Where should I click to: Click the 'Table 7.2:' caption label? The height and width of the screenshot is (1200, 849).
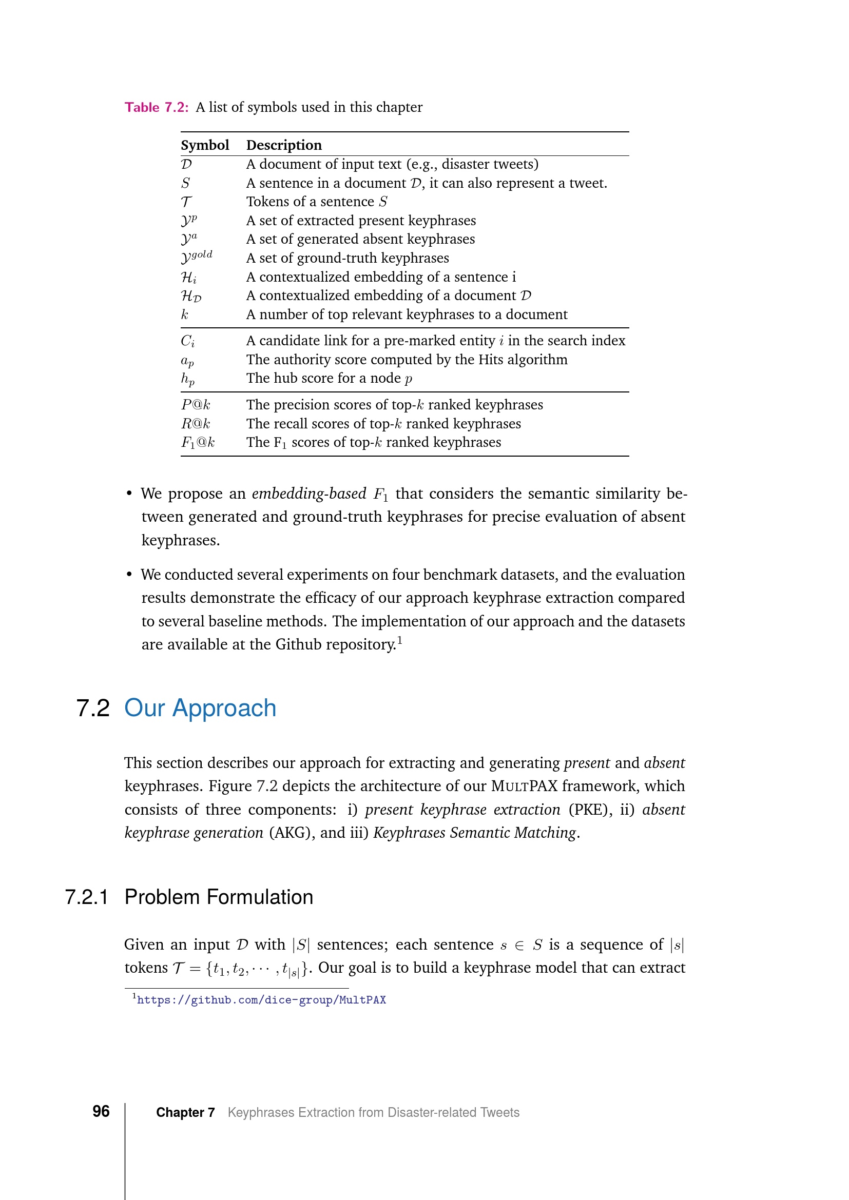tap(156, 107)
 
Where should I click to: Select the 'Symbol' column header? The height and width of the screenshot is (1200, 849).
tap(204, 145)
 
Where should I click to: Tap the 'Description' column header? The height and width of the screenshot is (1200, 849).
tap(284, 145)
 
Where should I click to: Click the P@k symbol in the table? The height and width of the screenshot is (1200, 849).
tap(196, 404)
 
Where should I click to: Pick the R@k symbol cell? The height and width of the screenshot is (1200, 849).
tap(196, 423)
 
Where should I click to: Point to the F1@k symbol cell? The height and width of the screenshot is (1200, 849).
tap(198, 442)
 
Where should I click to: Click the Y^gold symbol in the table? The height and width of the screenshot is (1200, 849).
tap(197, 257)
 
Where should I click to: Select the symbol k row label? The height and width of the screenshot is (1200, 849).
tap(185, 314)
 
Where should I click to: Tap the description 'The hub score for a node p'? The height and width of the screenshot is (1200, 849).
tap(329, 378)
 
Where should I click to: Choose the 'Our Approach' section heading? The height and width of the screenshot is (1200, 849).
tap(200, 708)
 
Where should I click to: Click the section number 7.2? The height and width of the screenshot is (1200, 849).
tap(93, 708)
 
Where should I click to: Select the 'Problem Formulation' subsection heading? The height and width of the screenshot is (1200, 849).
tap(219, 897)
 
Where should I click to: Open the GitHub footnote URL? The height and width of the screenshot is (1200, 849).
tap(261, 1000)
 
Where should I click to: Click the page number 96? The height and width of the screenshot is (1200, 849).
tap(101, 1111)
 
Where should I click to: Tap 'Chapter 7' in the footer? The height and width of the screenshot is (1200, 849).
tap(185, 1112)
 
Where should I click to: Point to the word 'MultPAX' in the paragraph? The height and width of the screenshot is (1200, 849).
tap(524, 785)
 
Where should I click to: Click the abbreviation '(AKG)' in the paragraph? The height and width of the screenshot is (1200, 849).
tap(292, 832)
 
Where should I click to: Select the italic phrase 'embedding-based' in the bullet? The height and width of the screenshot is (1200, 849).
tap(308, 494)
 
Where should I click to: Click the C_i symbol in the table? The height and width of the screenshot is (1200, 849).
tap(188, 341)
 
